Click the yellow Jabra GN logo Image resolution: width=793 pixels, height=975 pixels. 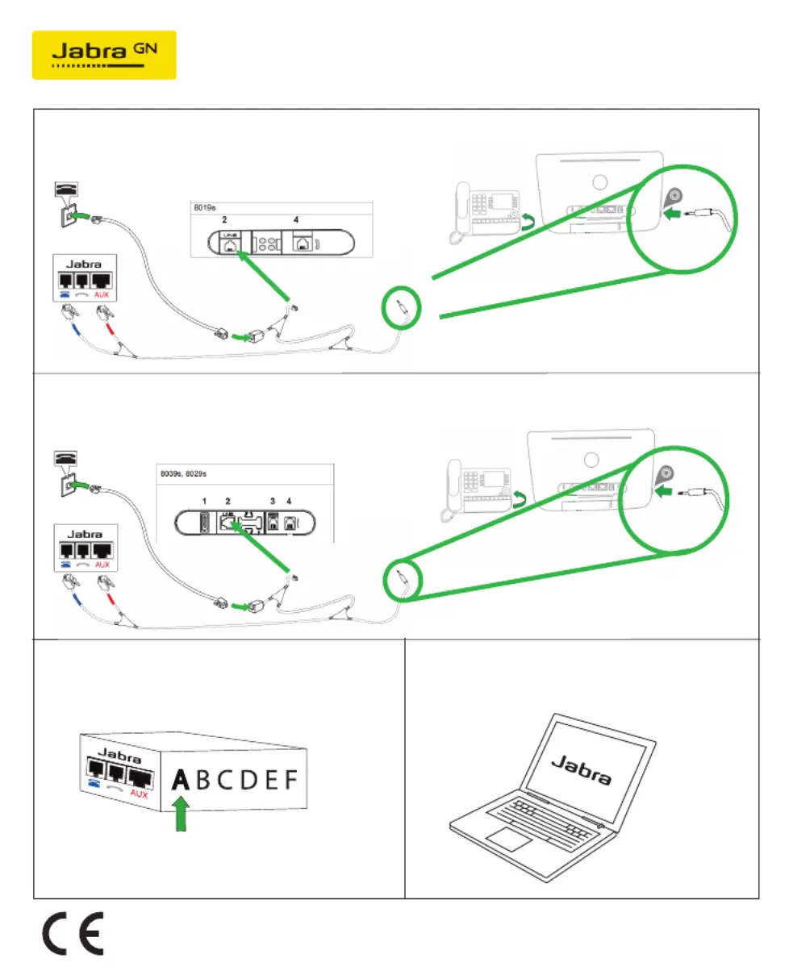pyautogui.click(x=104, y=55)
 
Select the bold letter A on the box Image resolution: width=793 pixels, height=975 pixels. pyautogui.click(x=181, y=780)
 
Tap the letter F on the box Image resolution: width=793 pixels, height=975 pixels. pyautogui.click(x=290, y=780)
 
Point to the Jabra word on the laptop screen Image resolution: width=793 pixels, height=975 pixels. pyautogui.click(x=581, y=770)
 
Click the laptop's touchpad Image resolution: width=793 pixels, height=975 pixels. pyautogui.click(x=508, y=839)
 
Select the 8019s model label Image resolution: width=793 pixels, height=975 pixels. pyautogui.click(x=204, y=208)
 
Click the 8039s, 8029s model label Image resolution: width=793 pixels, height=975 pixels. pyautogui.click(x=183, y=473)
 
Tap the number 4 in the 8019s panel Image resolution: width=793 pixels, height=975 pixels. pyautogui.click(x=296, y=220)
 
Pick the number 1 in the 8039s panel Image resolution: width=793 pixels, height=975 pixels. pyautogui.click(x=204, y=502)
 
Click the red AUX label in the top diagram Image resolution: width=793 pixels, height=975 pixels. pyautogui.click(x=102, y=295)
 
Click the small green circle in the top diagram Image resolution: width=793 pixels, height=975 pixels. pyautogui.click(x=401, y=308)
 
